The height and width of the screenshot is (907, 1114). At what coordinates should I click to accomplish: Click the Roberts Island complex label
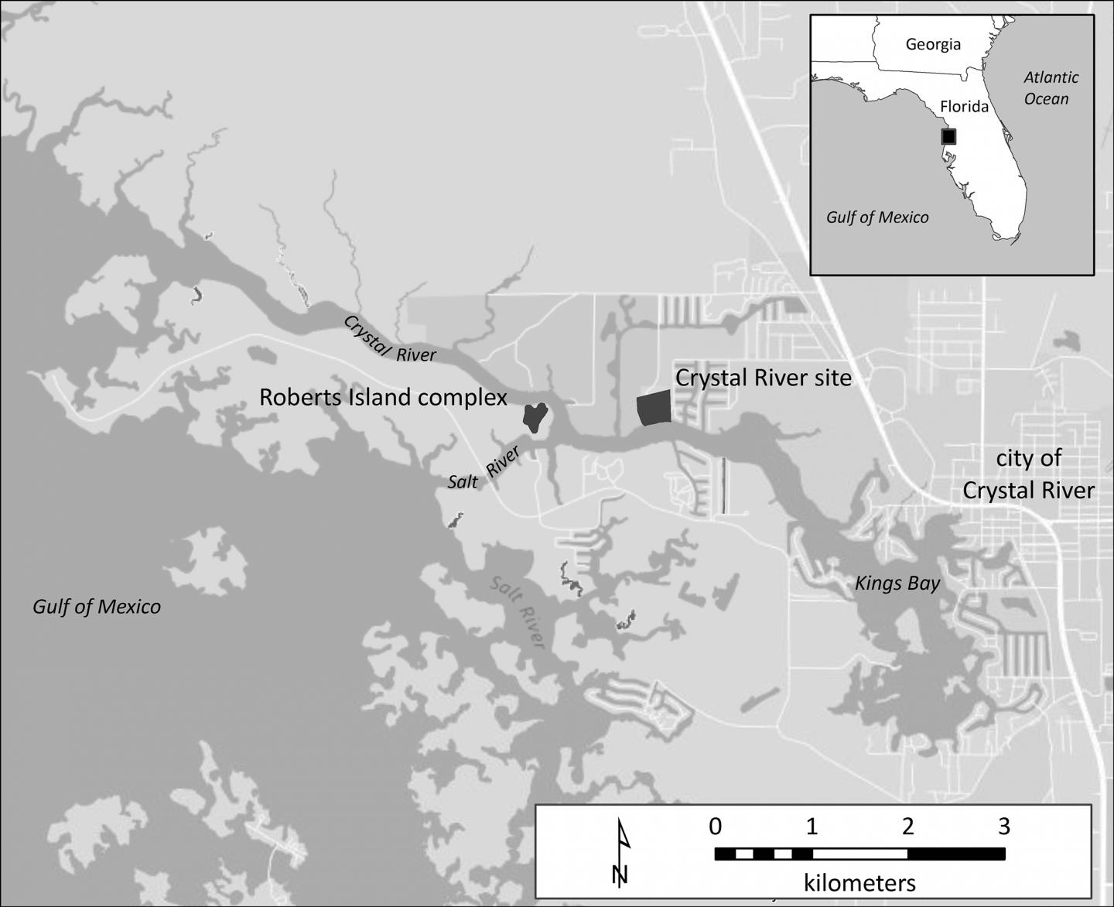[383, 398]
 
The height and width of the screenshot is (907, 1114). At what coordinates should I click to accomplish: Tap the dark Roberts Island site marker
[535, 416]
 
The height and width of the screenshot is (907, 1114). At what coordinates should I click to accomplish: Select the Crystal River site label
[763, 378]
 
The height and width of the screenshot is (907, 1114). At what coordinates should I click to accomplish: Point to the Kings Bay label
[897, 584]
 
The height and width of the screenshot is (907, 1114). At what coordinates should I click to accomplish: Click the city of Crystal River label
[1028, 474]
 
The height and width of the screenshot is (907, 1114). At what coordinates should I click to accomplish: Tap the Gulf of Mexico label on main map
[97, 607]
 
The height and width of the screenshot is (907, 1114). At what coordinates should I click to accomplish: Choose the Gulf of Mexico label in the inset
[877, 217]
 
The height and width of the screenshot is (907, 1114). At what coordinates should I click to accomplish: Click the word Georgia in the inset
[933, 44]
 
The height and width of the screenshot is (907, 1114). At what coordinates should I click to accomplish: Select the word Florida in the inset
[964, 106]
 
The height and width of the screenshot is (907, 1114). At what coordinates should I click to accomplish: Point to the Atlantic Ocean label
[1050, 88]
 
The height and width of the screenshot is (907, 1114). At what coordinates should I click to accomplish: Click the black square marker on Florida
[948, 137]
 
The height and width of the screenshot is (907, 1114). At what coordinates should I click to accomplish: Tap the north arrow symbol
[620, 853]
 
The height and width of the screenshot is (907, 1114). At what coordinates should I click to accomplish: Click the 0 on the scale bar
[716, 827]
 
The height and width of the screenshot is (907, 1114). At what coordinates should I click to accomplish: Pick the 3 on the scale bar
[1003, 827]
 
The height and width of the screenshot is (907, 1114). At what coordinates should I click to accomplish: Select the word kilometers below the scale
[859, 883]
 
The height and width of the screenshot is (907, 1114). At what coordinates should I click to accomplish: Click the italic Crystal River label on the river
[389, 339]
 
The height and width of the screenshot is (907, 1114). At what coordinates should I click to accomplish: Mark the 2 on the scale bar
[907, 827]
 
